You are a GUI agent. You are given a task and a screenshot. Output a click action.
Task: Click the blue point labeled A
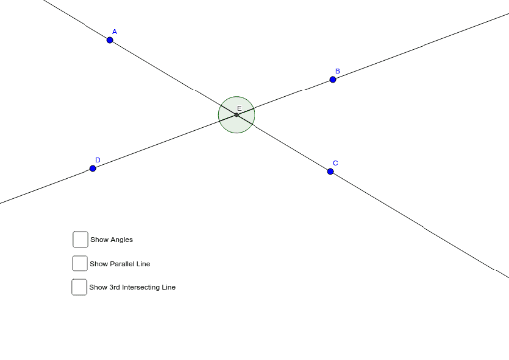point(110,40)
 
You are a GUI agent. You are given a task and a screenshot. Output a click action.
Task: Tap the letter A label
point(114,32)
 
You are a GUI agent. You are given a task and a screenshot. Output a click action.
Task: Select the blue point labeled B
point(333,79)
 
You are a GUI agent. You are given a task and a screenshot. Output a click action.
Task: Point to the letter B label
point(337,71)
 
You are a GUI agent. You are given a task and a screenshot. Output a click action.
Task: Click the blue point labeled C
point(331,171)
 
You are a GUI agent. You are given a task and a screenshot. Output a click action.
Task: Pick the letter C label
point(335,163)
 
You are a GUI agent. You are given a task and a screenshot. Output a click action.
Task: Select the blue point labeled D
point(93,168)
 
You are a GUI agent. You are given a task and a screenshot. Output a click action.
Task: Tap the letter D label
point(98,160)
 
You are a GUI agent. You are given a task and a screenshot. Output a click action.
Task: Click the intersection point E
point(237,115)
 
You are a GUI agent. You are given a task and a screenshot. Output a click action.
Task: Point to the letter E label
point(239,108)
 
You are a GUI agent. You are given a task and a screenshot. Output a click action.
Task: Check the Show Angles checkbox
point(80,239)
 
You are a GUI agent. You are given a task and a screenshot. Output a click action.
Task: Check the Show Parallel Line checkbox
point(80,264)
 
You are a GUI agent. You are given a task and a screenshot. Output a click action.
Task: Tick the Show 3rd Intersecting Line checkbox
point(80,288)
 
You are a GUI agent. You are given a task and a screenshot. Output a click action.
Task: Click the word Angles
point(122,239)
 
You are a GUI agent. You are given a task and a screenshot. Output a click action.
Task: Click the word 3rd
point(115,288)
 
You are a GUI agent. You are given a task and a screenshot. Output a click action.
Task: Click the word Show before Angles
point(99,239)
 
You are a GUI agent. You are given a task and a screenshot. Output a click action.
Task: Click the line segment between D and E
point(165,142)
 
